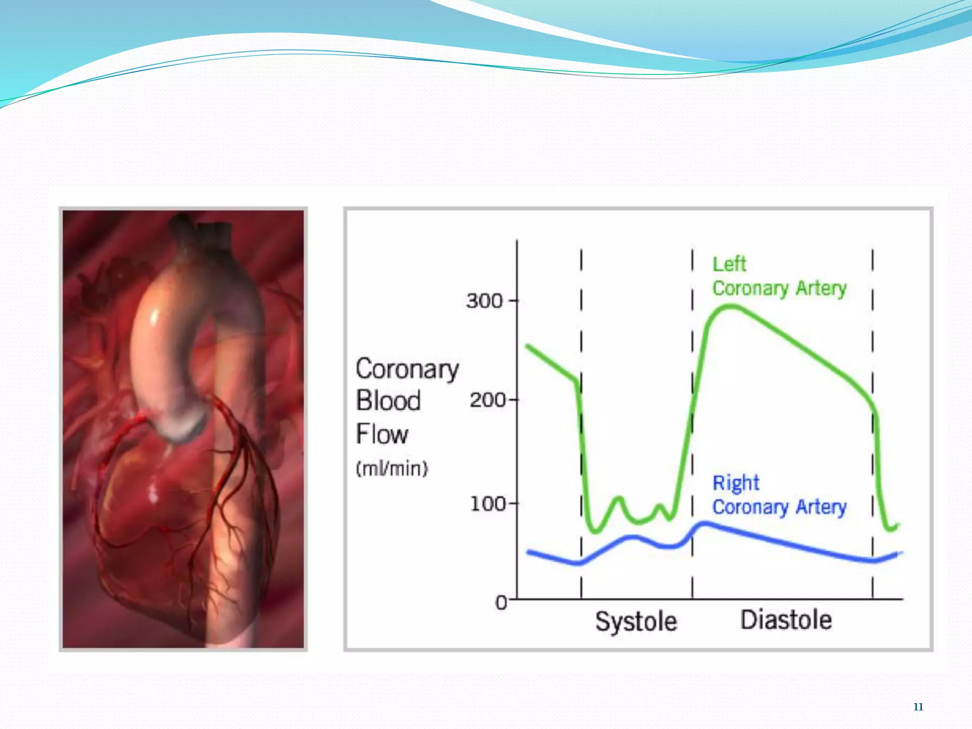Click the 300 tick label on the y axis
click(x=484, y=301)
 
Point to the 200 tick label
click(x=487, y=400)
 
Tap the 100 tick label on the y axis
click(x=487, y=504)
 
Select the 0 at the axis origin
click(x=501, y=603)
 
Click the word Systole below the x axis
click(x=636, y=621)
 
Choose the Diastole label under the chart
click(x=786, y=620)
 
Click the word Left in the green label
click(x=729, y=264)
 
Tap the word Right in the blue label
click(x=736, y=483)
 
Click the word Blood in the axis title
click(x=388, y=401)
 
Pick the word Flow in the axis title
click(x=382, y=434)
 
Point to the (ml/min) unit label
click(x=392, y=468)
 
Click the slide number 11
click(x=918, y=707)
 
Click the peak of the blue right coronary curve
click(x=704, y=524)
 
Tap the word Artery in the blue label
click(x=821, y=507)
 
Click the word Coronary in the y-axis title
click(x=407, y=369)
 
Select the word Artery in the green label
click(x=821, y=289)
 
